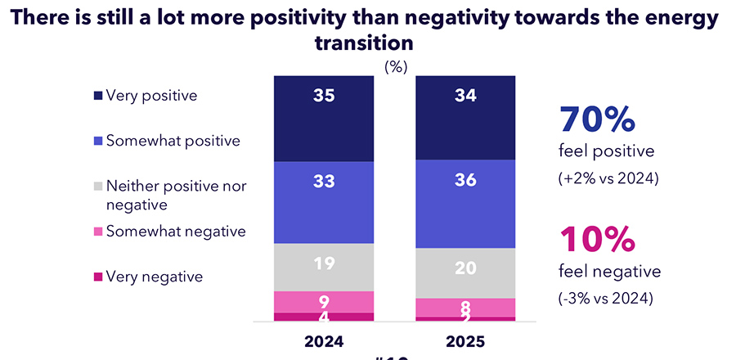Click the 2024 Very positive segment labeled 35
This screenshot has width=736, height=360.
click(x=323, y=118)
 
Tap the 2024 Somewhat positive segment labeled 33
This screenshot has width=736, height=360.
click(x=323, y=202)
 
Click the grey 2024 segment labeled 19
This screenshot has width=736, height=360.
click(x=323, y=267)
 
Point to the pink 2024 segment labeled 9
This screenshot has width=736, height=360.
click(x=323, y=301)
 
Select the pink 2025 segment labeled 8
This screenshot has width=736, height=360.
click(x=465, y=307)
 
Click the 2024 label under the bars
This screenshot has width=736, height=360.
click(x=323, y=340)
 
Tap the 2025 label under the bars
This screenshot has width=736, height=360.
click(x=465, y=340)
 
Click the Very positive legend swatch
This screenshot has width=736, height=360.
click(x=98, y=96)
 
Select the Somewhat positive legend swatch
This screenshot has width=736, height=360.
click(x=98, y=141)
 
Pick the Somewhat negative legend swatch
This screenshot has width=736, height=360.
click(x=98, y=232)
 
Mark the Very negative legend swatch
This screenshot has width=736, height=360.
click(x=98, y=277)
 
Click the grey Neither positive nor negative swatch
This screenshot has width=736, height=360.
click(x=98, y=187)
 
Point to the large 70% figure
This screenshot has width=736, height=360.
click(x=597, y=119)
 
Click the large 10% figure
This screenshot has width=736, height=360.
click(x=597, y=239)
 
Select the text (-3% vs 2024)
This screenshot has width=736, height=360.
click(x=605, y=299)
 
